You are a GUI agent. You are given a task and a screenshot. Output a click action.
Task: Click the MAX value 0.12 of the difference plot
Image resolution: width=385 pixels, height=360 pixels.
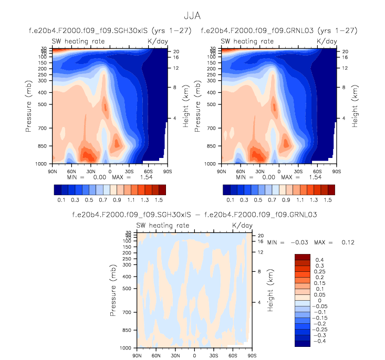tap(347, 242)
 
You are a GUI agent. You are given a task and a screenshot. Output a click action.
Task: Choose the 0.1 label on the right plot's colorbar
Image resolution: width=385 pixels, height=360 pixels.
tap(230, 200)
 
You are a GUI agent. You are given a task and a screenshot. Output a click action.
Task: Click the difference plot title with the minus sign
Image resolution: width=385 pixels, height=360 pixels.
tap(194, 215)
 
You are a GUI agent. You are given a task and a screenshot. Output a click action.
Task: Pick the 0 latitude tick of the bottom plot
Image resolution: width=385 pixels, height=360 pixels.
tap(194, 355)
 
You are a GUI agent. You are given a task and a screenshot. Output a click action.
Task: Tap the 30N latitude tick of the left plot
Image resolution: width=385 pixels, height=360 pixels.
tap(90, 171)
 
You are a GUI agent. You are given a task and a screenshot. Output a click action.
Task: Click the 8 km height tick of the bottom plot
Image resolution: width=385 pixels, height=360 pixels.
tap(259, 271)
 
